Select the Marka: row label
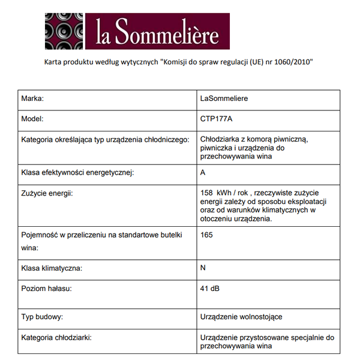[33, 98]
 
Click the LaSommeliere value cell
[224, 98]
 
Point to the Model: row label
[32, 119]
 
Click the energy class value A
[203, 173]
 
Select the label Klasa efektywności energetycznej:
[77, 173]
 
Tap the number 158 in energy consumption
[207, 193]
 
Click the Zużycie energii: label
[50, 193]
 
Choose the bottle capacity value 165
[206, 235]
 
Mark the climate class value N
[203, 268]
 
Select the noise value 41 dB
[211, 289]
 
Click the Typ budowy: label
[42, 316]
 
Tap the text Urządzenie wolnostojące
[241, 316]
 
